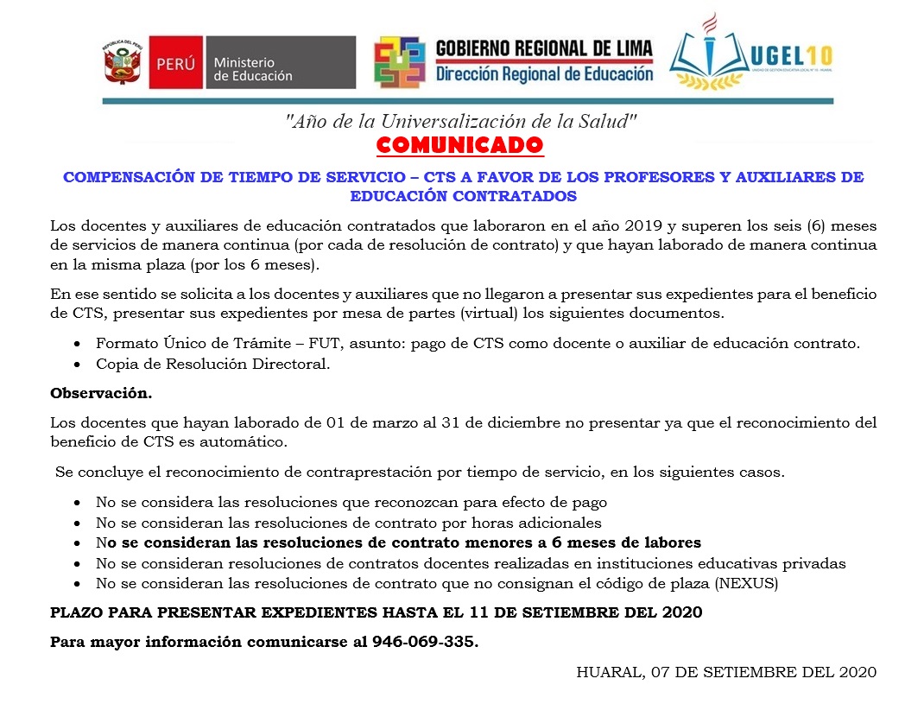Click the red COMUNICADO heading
click(x=460, y=143)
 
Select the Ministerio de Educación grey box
click(x=280, y=63)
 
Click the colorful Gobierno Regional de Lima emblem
click(x=399, y=62)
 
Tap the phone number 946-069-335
click(x=424, y=643)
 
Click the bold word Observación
click(x=101, y=393)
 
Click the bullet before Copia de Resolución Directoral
click(x=79, y=365)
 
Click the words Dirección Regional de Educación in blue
click(x=544, y=74)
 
